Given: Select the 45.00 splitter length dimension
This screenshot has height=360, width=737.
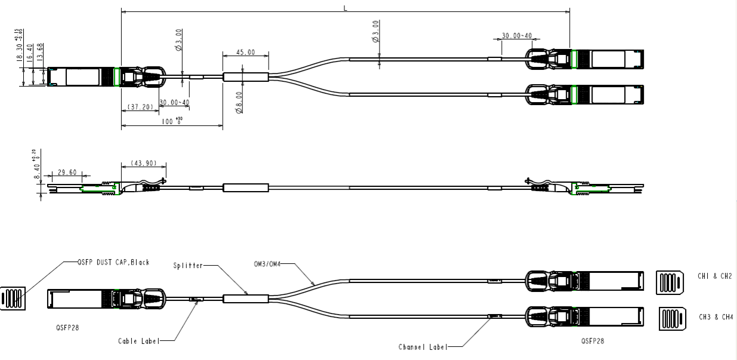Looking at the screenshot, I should (245, 53).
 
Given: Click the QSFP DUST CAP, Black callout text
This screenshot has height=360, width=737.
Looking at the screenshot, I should (113, 262).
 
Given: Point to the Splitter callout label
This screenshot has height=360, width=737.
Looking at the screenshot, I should (189, 264).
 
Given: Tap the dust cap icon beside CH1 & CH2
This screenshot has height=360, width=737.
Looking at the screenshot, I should (670, 281).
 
